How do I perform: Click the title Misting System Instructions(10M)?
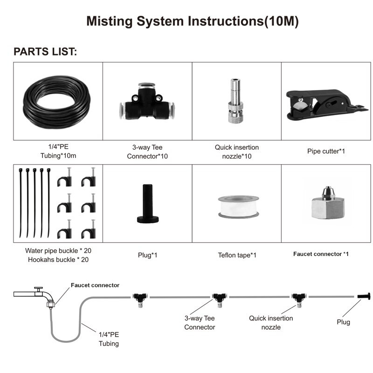(x=193, y=21)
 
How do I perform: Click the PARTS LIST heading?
(x=45, y=52)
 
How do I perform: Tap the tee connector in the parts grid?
(x=147, y=101)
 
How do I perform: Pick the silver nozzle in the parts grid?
(x=235, y=101)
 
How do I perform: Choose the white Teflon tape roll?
(x=239, y=207)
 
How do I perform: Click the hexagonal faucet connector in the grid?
(x=328, y=203)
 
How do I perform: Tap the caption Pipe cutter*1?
(x=326, y=151)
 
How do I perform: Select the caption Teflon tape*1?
(x=237, y=255)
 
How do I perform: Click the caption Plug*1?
(x=147, y=255)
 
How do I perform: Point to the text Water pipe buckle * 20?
(x=58, y=251)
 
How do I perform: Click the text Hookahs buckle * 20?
(x=58, y=260)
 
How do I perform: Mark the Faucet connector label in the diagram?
(x=95, y=285)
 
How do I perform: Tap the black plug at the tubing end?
(x=364, y=296)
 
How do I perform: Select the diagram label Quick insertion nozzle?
(x=271, y=323)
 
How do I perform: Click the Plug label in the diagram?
(x=343, y=322)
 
